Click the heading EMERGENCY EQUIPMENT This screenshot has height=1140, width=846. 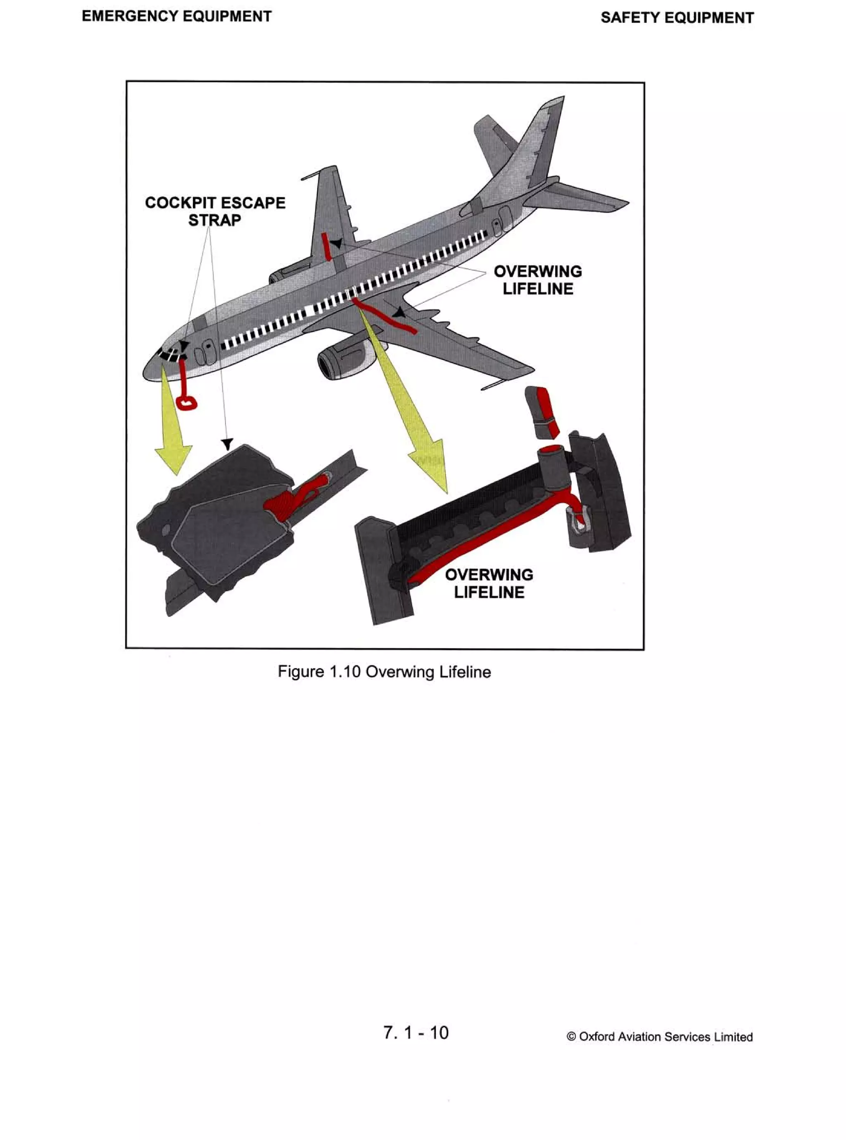(177, 17)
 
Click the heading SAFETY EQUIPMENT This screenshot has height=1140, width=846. (677, 18)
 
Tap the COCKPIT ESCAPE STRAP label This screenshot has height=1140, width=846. (215, 211)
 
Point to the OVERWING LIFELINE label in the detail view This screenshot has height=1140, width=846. (489, 583)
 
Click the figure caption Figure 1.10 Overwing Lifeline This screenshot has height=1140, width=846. (384, 672)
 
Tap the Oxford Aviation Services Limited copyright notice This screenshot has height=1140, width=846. (660, 1037)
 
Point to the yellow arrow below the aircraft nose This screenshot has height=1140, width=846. (173, 430)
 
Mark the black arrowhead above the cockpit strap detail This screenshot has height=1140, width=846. (227, 443)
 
